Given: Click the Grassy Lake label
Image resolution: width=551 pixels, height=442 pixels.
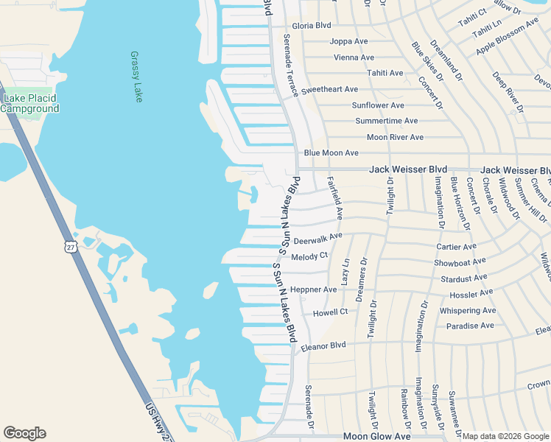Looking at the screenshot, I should click(136, 77).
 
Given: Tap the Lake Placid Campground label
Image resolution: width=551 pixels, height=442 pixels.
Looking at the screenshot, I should click(29, 104).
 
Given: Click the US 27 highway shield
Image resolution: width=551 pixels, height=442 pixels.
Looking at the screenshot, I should click(69, 246).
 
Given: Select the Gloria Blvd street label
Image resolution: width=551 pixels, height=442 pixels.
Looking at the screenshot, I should click(312, 25).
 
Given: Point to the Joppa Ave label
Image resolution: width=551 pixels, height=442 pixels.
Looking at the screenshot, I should click(349, 41).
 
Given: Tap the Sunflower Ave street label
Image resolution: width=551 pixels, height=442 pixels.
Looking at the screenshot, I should click(377, 105).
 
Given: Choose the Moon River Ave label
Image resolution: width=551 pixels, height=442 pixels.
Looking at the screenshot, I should click(395, 137).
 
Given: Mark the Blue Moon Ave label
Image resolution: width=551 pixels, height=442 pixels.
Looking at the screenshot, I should click(331, 153).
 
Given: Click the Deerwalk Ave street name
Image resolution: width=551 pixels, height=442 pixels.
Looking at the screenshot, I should click(317, 239).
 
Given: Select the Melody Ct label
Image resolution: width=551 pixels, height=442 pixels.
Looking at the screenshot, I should click(309, 256).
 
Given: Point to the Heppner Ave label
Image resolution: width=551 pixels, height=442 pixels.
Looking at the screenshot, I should click(313, 290).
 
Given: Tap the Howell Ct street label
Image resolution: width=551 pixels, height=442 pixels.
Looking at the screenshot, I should click(329, 312).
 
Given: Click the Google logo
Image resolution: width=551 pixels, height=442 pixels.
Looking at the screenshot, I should click(24, 433).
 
